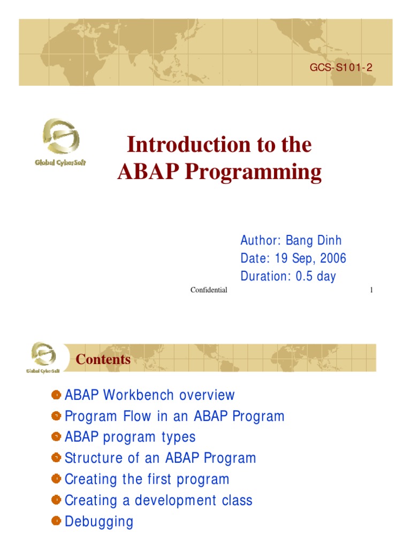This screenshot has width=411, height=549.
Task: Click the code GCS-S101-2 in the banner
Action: point(341,67)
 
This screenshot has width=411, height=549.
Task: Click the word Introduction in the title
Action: point(189,144)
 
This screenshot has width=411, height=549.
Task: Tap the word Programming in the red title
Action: point(253,172)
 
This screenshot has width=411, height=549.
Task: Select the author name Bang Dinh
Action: point(314,240)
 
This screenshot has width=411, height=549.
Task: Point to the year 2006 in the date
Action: point(333,258)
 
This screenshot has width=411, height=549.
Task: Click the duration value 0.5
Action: point(304,276)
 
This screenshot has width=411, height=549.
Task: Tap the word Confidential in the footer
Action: point(209,290)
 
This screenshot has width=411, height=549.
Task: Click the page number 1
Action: point(371,290)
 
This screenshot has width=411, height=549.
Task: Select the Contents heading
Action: point(103,359)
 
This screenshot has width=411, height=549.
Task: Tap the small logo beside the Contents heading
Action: point(43,358)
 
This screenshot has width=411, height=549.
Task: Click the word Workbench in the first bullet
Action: point(139,395)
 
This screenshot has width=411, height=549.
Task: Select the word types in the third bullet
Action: point(178,437)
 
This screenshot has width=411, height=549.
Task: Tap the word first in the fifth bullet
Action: point(159,479)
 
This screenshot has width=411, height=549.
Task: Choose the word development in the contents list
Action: point(176,501)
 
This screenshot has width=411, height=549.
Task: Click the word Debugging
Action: point(99,522)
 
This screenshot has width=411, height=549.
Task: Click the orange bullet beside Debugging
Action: point(56,521)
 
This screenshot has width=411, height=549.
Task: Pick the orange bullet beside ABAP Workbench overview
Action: point(56,395)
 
